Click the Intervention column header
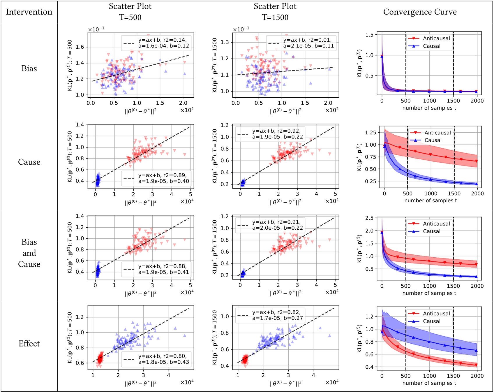pos(29,12)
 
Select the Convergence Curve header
pos(420,12)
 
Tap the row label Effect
pos(29,344)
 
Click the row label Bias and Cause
pos(29,253)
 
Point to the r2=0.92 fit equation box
pos(270,134)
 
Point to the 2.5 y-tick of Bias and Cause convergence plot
pos(369,218)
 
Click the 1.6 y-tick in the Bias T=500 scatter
pos(80,47)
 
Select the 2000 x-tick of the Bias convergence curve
pos(477,101)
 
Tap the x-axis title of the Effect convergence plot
pos(429,383)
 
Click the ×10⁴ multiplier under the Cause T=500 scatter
pos(187,201)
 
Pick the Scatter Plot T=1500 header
pos(275,12)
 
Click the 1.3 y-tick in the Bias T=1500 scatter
pos(225,42)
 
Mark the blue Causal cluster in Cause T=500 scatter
pos(98,180)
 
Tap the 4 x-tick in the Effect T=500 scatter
pos(168,375)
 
